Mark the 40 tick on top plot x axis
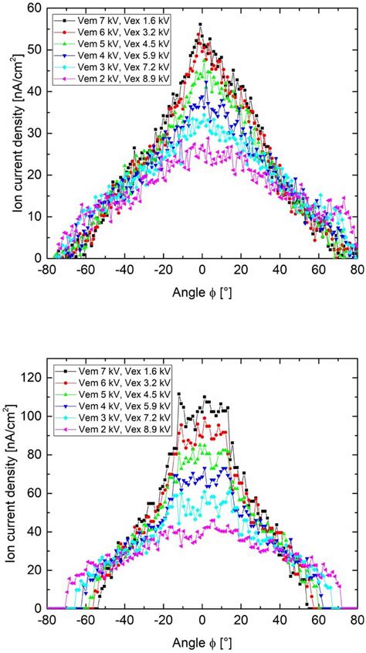[280, 270]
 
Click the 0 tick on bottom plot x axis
[202, 621]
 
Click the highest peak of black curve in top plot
[200, 25]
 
